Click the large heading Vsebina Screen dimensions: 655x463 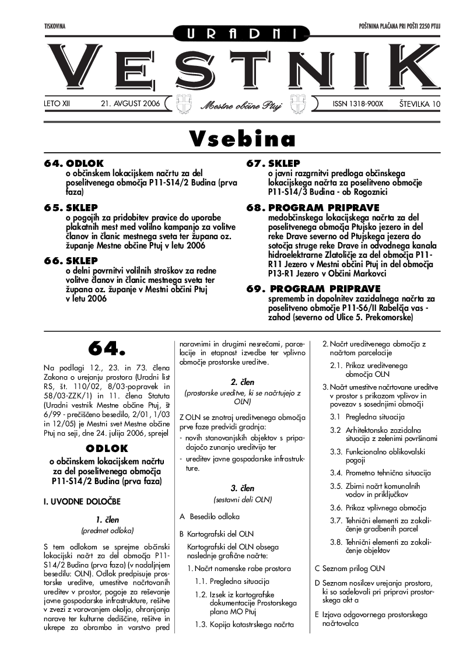[x=242, y=138]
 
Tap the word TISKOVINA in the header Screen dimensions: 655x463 [x=55, y=27]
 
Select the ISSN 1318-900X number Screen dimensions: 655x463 [x=357, y=104]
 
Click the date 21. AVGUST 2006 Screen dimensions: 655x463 [x=130, y=104]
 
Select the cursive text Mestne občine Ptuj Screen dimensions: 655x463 [x=241, y=106]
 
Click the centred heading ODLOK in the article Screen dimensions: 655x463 [x=106, y=449]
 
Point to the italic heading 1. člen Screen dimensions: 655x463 [x=107, y=519]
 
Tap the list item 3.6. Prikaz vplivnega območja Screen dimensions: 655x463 [x=378, y=507]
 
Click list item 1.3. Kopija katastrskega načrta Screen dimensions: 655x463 [x=244, y=625]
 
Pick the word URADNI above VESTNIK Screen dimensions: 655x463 [x=241, y=34]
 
